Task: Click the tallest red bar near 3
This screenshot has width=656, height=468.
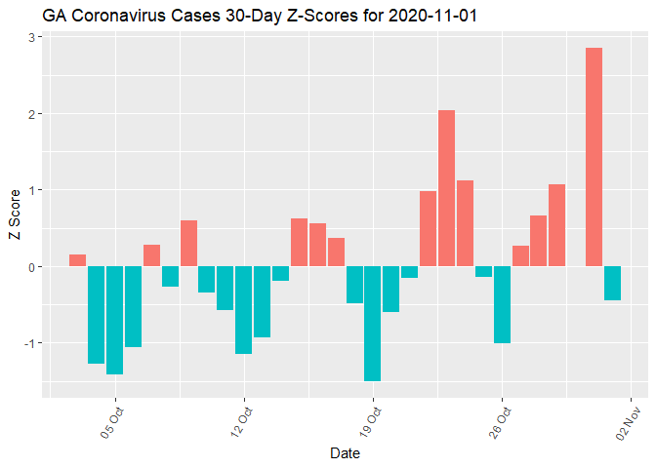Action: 594,157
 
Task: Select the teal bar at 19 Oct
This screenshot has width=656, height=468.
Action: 372,323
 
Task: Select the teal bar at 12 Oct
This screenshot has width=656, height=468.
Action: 243,310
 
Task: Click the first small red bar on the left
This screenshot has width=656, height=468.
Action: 77,260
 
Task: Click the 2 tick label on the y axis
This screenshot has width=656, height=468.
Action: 30,114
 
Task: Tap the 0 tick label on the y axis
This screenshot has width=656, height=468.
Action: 30,267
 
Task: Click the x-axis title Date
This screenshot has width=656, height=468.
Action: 345,453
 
